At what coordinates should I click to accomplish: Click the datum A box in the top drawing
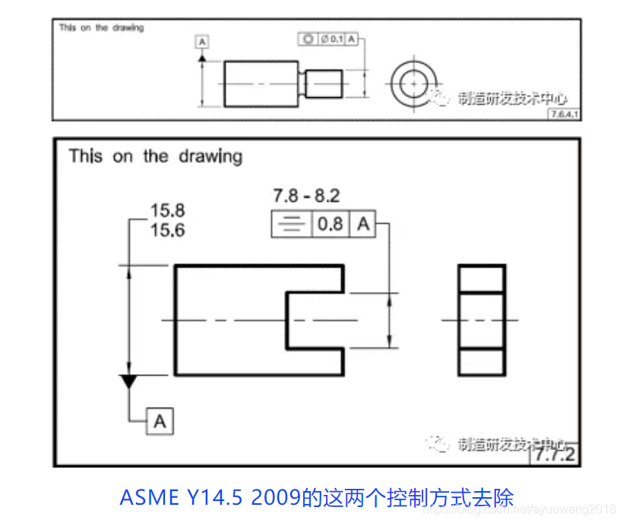tap(202, 43)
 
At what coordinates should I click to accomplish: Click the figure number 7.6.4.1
tap(565, 114)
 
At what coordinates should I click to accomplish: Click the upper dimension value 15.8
tap(167, 211)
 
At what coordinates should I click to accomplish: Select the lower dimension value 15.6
tap(167, 230)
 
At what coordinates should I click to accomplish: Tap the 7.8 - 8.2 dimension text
tap(306, 197)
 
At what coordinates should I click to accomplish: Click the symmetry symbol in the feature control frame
tap(291, 225)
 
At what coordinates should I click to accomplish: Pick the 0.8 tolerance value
tap(330, 225)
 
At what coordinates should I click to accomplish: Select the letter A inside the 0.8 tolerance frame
tap(363, 225)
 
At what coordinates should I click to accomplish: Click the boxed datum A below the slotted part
tap(160, 421)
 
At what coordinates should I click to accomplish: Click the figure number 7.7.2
tap(555, 455)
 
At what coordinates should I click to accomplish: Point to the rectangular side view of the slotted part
tap(482, 320)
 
